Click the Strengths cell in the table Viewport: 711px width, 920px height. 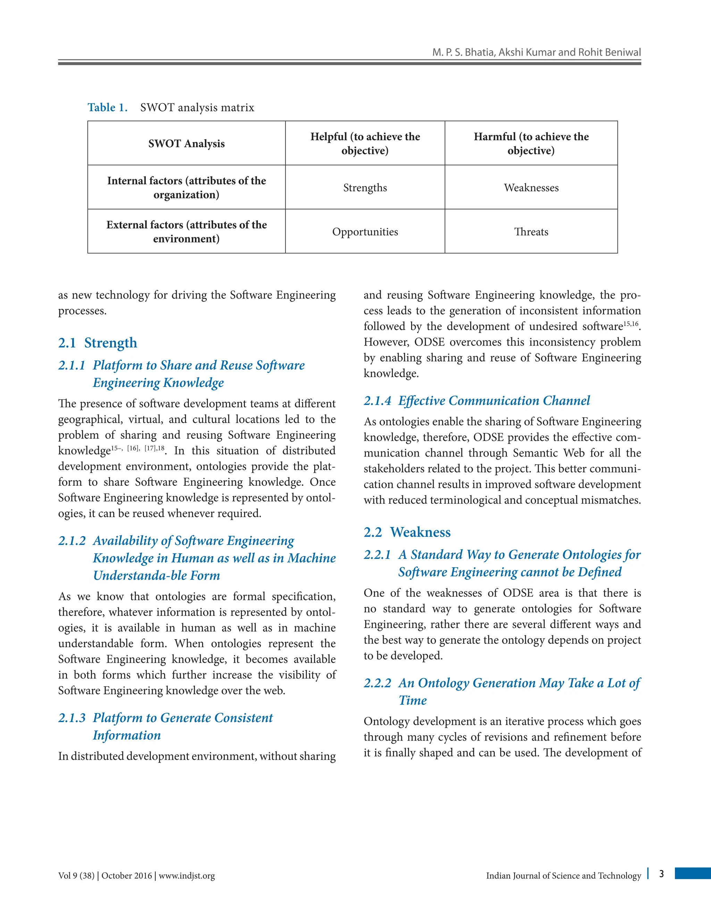click(x=365, y=187)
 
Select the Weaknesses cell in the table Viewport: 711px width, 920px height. click(x=531, y=187)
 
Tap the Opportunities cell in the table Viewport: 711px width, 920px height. click(x=365, y=232)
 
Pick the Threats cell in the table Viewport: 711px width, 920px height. click(x=531, y=232)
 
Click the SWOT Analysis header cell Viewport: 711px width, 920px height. click(x=186, y=144)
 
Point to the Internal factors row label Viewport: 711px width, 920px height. click(x=186, y=187)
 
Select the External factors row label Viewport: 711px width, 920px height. click(x=186, y=232)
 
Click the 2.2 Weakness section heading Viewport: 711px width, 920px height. click(x=407, y=532)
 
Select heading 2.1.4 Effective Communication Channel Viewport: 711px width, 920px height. click(x=477, y=400)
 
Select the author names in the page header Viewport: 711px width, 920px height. click(x=536, y=52)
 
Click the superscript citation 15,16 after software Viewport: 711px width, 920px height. click(x=630, y=324)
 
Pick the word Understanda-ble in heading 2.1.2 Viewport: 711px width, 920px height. click(x=130, y=575)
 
